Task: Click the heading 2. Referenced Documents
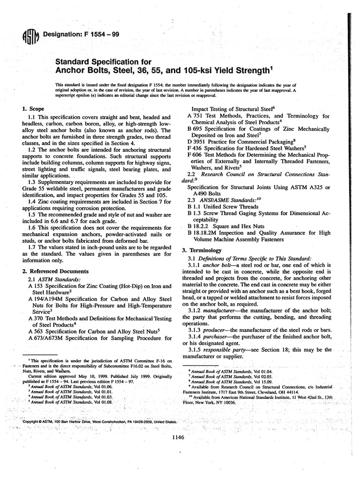55,271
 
